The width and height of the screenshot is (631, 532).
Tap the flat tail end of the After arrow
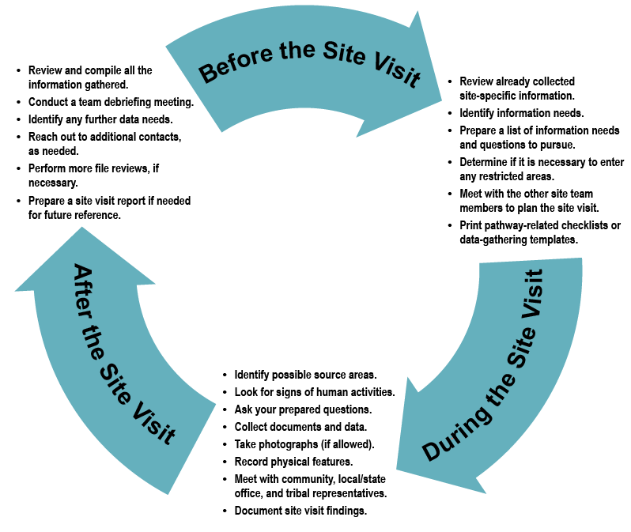190,447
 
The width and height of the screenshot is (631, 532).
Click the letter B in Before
208,74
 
